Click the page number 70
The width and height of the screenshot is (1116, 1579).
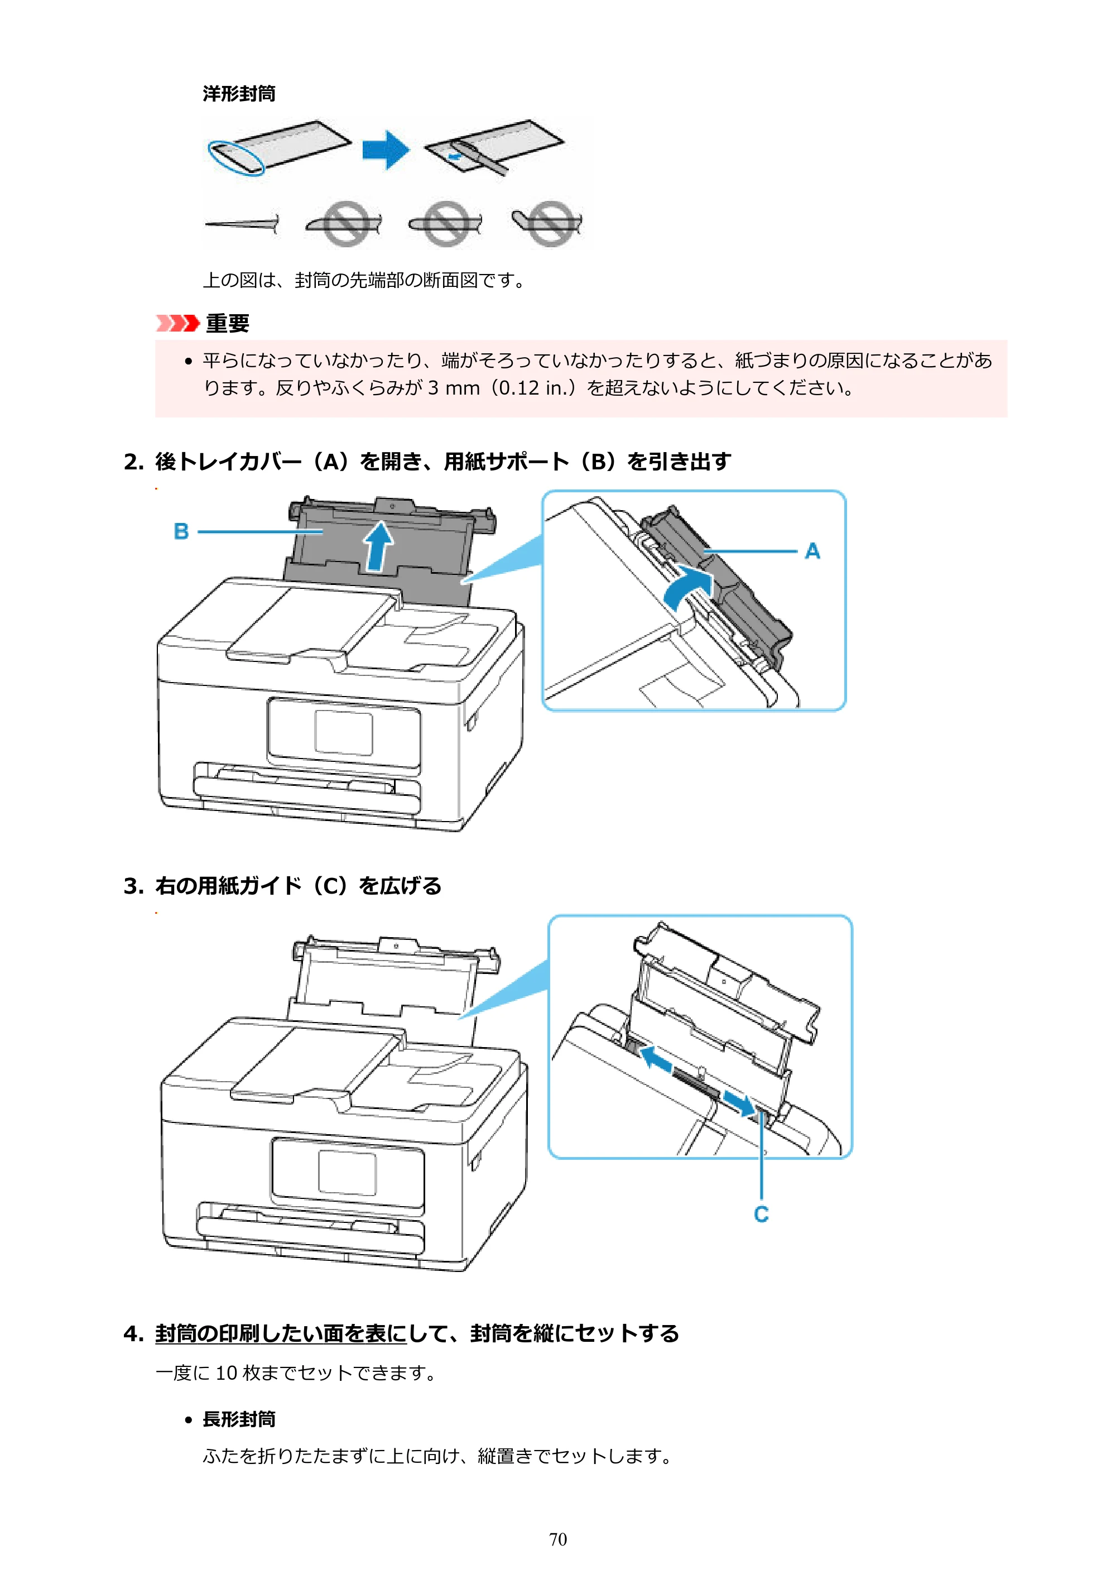[557, 1539]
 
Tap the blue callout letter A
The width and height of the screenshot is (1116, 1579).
[812, 551]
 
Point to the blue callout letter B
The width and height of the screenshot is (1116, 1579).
[181, 531]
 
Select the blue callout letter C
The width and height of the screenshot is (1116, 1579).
[761, 1214]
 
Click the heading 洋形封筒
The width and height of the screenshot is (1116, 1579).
[239, 94]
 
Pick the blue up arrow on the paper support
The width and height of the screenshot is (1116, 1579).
[378, 547]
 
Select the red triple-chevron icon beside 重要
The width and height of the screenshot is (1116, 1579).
[177, 323]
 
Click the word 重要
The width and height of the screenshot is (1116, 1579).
[228, 323]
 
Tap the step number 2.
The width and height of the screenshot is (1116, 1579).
[133, 462]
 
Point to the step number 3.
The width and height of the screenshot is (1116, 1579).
[133, 886]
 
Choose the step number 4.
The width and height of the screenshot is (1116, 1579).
[133, 1333]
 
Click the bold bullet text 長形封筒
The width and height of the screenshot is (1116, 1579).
[239, 1419]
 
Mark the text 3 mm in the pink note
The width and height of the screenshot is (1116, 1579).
[454, 388]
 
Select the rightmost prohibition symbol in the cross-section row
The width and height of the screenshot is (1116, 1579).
[550, 223]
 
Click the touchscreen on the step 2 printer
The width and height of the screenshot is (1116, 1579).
[344, 733]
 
